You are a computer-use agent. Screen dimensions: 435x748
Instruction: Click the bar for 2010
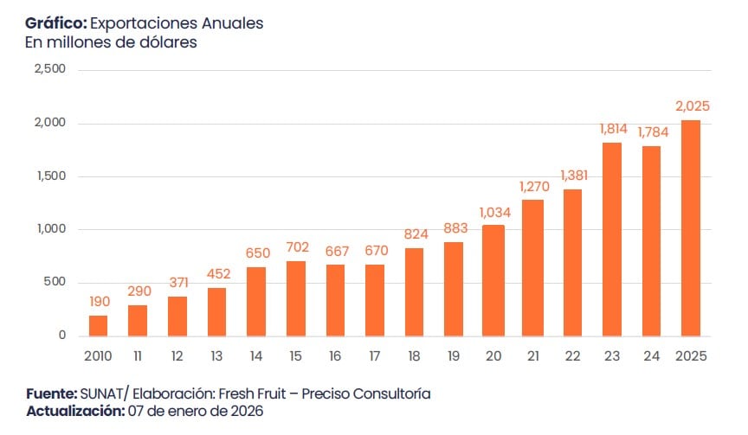(98, 326)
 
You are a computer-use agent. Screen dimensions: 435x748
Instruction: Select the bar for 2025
(690, 228)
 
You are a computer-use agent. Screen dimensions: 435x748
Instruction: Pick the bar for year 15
(295, 298)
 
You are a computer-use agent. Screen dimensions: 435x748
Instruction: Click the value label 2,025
(692, 106)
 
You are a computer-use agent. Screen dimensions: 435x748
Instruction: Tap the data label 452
(217, 274)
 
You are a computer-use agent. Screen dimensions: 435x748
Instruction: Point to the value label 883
(454, 228)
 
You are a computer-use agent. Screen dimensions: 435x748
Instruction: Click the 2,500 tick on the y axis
(49, 70)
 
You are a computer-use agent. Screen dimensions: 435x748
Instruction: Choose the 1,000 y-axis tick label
(50, 229)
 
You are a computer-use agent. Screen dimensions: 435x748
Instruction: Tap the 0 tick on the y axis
(61, 336)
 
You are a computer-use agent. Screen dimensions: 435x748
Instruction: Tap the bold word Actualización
(74, 411)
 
